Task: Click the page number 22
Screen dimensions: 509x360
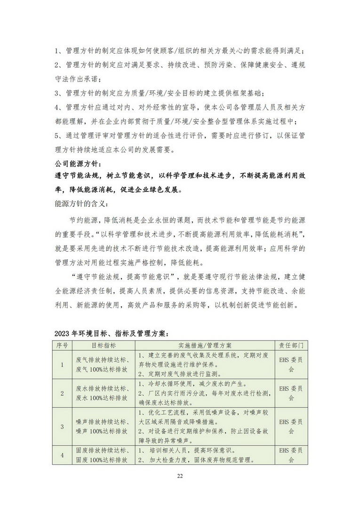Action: pyautogui.click(x=180, y=477)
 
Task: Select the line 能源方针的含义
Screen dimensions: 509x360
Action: pyautogui.click(x=81, y=205)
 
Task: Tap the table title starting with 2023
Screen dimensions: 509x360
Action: pyautogui.click(x=110, y=333)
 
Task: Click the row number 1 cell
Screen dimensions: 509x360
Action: pyautogui.click(x=62, y=364)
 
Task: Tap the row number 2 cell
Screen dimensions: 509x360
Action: pyautogui.click(x=62, y=393)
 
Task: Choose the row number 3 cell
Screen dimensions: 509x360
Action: pyautogui.click(x=62, y=427)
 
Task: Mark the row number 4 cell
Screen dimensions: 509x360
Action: pyautogui.click(x=62, y=455)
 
